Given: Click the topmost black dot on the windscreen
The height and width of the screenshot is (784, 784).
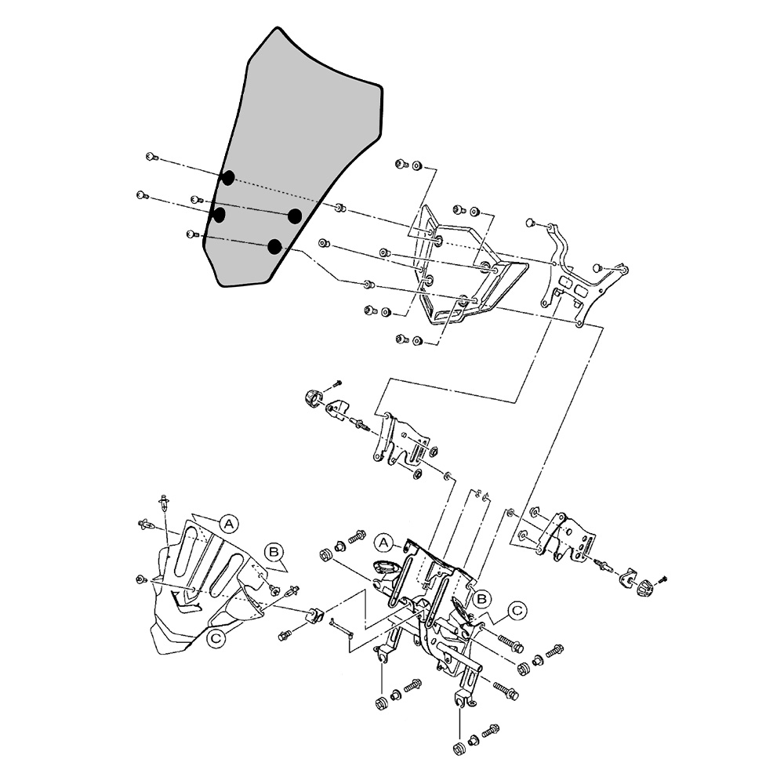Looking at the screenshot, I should pyautogui.click(x=227, y=177).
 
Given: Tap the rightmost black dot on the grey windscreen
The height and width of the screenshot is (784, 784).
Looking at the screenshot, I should pyautogui.click(x=296, y=216).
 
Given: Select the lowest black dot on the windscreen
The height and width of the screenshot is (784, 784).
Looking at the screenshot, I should pyautogui.click(x=274, y=247).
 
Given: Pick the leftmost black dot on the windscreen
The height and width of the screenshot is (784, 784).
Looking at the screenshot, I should pyautogui.click(x=220, y=213).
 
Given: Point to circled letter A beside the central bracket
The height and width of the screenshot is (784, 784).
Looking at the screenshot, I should pyautogui.click(x=384, y=542).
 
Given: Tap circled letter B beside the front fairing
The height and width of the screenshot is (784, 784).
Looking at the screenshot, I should pyautogui.click(x=274, y=552).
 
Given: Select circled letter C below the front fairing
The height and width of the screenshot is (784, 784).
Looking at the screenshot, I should pyautogui.click(x=217, y=639).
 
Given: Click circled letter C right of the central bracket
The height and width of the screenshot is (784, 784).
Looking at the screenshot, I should pyautogui.click(x=517, y=609).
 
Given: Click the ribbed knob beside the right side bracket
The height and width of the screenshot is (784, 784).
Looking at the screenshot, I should pyautogui.click(x=644, y=586).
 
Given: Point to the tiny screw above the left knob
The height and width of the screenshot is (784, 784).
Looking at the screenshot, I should pyautogui.click(x=337, y=383).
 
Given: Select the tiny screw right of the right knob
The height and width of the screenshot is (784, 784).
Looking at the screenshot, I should pyautogui.click(x=662, y=579).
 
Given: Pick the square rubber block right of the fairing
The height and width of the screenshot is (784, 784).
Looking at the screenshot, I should pyautogui.click(x=314, y=615).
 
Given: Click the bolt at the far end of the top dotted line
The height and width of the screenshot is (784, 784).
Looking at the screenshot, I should pyautogui.click(x=152, y=158).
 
